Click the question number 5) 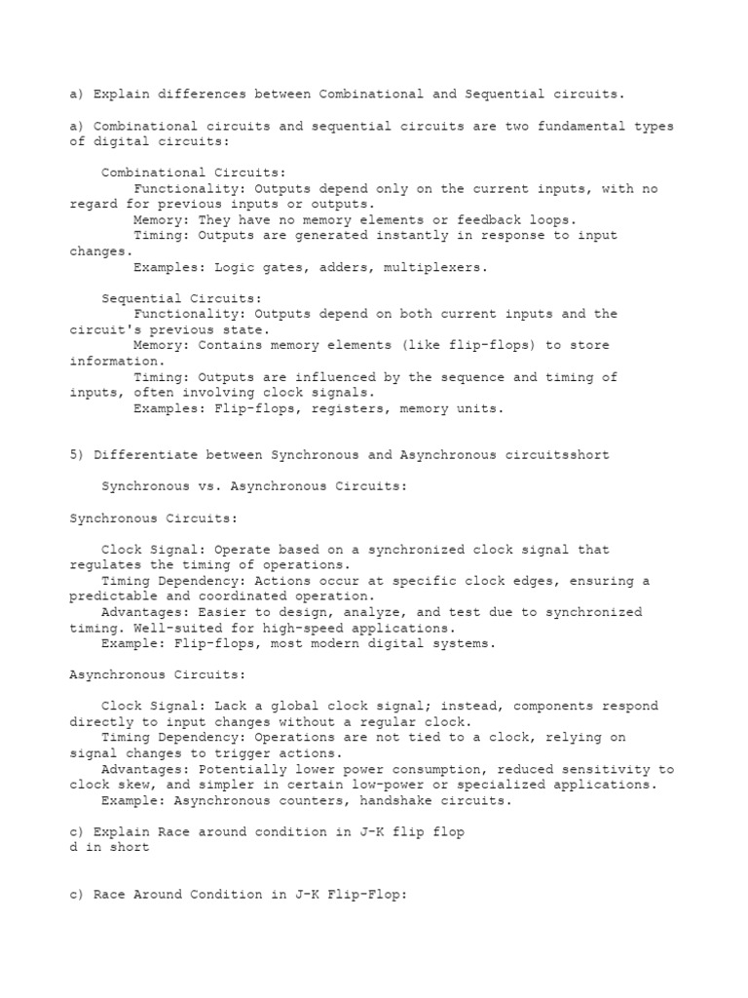point(77,455)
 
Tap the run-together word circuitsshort point(558,455)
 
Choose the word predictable point(113,595)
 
